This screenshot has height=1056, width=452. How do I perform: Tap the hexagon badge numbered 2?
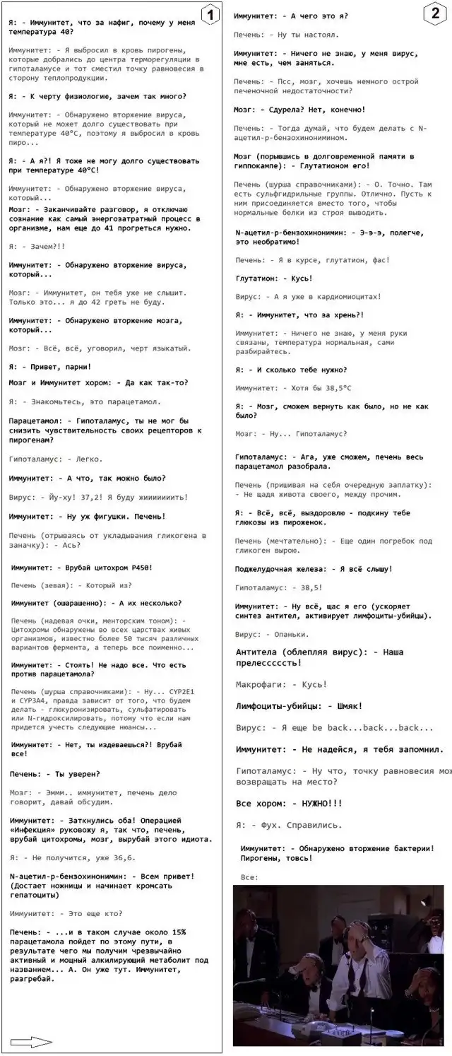(435, 14)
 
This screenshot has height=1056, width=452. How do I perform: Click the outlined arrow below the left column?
(32, 1040)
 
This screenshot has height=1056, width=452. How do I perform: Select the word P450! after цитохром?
(140, 568)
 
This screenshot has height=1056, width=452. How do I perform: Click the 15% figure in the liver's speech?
(178, 932)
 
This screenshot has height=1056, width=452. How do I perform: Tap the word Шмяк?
(350, 705)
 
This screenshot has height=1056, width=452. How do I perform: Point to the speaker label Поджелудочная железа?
(282, 568)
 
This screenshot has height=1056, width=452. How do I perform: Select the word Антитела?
(261, 651)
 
